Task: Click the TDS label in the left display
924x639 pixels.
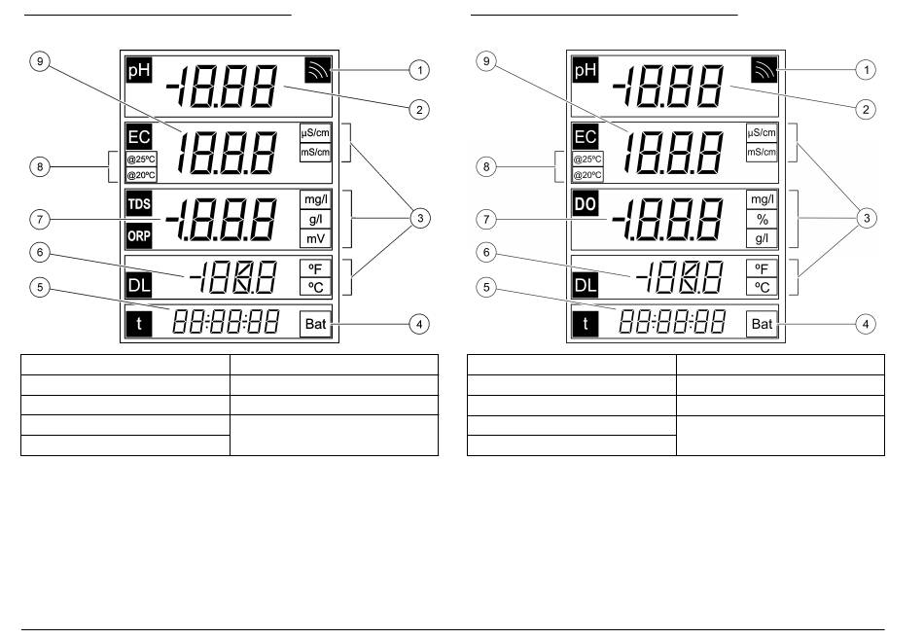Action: (139, 204)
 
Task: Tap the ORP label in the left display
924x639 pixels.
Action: (139, 235)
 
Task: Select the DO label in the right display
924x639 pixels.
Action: (586, 204)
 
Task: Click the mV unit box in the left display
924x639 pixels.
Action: (315, 238)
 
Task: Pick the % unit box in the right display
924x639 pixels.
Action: (762, 219)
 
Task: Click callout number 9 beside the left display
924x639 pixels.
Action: (40, 61)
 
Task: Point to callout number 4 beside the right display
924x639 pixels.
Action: (866, 324)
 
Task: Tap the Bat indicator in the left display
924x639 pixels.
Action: (316, 324)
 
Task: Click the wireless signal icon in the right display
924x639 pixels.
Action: (764, 70)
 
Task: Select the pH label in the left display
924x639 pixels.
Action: (139, 70)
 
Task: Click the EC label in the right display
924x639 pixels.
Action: (586, 137)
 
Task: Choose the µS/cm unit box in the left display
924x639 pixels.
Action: (315, 132)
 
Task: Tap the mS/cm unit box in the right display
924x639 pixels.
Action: (762, 152)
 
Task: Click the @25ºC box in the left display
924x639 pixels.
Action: (141, 160)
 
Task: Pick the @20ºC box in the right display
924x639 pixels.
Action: (587, 175)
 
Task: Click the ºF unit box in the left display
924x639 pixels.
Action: (316, 268)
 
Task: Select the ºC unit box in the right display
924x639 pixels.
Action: (762, 287)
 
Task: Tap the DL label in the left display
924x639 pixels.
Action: (139, 286)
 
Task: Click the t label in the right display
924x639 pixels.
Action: (586, 324)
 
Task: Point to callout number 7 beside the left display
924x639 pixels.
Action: (40, 219)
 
